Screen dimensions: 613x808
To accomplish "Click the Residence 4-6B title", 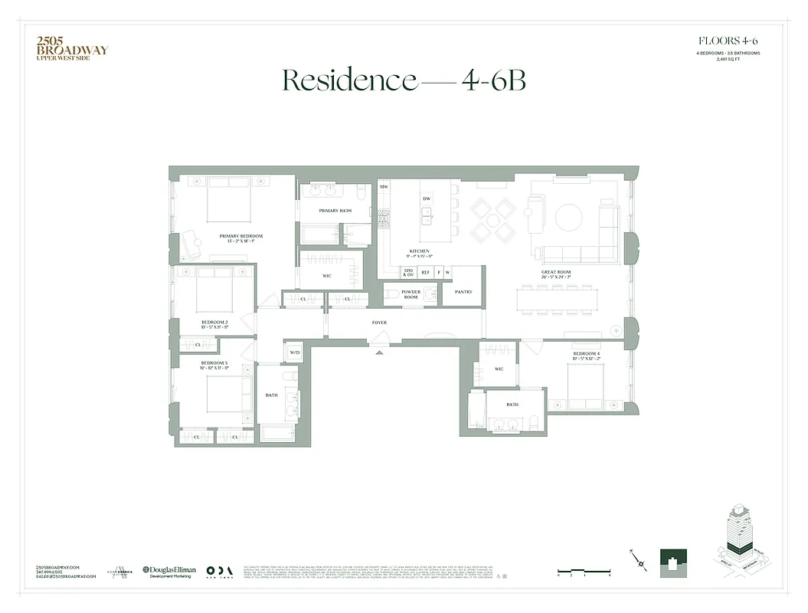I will tap(404, 80).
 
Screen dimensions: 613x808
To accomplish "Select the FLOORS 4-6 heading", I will tap(728, 41).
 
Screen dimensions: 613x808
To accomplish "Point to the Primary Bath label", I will tap(335, 210).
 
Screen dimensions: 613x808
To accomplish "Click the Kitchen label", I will tap(420, 254).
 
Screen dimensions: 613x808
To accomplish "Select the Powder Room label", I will tap(411, 294).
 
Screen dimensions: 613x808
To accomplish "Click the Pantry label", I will tap(463, 292).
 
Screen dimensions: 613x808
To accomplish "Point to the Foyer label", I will tap(379, 323).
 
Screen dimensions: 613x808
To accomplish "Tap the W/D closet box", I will tap(294, 352).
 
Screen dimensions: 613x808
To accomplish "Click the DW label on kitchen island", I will tap(427, 198).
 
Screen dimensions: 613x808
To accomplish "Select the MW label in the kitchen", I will tap(384, 186).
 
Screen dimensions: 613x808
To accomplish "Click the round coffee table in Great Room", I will tap(568, 217).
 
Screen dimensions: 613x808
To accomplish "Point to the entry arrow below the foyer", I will tap(379, 352).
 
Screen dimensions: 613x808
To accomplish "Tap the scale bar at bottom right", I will tap(584, 571).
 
